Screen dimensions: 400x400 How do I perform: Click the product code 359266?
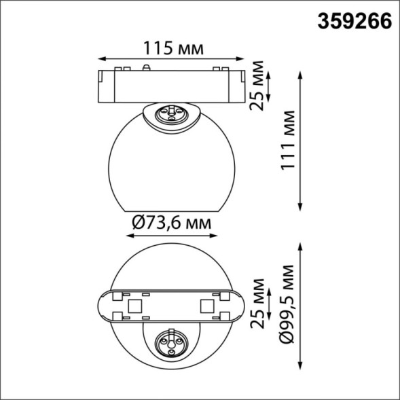[x=354, y=21]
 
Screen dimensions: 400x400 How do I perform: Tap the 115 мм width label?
[x=172, y=48]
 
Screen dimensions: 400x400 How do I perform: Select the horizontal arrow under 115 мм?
[x=172, y=60]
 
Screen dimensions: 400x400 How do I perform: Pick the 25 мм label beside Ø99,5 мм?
[x=256, y=303]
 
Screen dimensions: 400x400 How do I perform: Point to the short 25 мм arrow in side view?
[x=270, y=86]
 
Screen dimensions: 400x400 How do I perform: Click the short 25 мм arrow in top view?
[x=270, y=303]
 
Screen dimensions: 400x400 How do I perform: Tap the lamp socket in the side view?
[x=172, y=113]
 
